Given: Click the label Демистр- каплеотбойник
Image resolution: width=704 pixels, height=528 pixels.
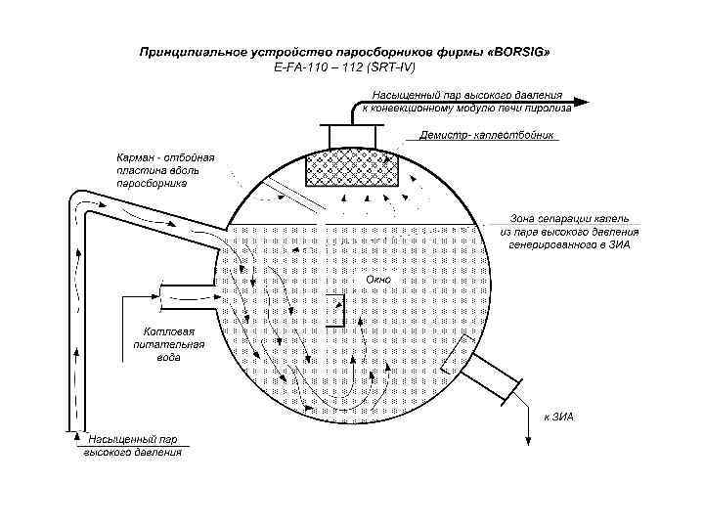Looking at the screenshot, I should coord(488,135).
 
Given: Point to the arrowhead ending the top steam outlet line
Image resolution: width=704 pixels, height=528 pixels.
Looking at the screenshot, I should coord(581,101).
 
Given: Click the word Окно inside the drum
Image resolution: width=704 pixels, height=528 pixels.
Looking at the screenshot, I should coord(378,280).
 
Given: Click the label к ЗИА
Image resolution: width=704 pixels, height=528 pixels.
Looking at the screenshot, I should coord(559,417).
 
